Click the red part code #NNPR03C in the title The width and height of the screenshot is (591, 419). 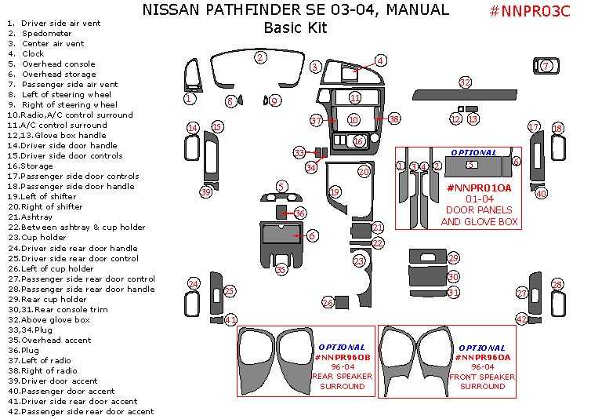[x=532, y=12]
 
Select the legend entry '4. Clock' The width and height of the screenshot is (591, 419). [x=27, y=54]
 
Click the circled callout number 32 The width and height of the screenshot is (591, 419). [x=466, y=82]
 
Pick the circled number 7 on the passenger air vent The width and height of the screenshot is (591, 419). [x=546, y=67]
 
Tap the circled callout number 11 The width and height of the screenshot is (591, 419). [x=355, y=98]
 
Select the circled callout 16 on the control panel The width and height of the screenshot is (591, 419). [x=358, y=141]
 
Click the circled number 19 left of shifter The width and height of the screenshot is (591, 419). [x=335, y=192]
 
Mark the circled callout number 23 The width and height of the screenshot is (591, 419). [x=359, y=261]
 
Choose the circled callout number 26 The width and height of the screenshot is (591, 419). [x=328, y=302]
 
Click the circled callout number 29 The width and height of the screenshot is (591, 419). [x=453, y=258]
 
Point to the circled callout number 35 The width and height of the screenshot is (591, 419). [x=281, y=269]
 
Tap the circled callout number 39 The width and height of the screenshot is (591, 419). [x=206, y=192]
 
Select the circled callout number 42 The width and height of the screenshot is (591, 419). [x=522, y=319]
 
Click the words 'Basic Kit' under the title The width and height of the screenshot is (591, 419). [x=295, y=29]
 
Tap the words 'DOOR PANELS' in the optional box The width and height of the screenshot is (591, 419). [x=478, y=210]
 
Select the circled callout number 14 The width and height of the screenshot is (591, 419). [x=193, y=128]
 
